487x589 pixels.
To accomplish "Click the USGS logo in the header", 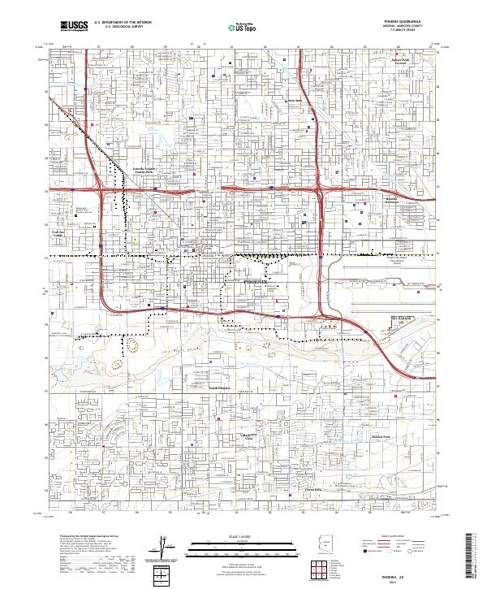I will [74, 27].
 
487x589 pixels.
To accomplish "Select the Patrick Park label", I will [381, 437].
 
